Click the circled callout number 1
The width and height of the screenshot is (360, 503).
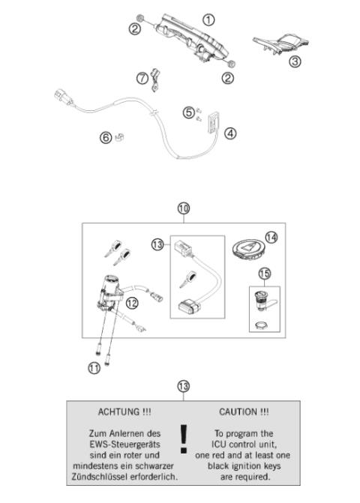coord(208,19)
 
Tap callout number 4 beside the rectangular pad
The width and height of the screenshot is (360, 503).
coord(230,133)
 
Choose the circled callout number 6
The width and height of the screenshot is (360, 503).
coord(106,136)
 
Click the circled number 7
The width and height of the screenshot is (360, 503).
coord(142,78)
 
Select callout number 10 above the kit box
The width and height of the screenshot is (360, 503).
coord(183,208)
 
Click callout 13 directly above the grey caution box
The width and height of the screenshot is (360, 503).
coord(183,386)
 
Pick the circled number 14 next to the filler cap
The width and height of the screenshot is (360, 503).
coord(271,238)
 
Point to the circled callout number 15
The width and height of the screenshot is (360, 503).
coord(264,274)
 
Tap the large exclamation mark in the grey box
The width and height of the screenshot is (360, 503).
coord(183,439)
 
